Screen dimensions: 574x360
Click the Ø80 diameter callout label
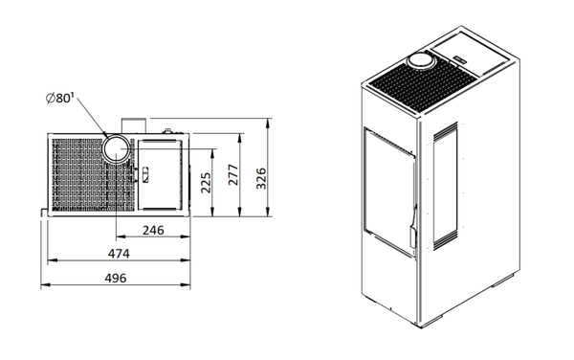[x=59, y=99]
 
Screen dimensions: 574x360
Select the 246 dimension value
[x=153, y=231]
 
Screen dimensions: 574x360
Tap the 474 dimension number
[x=119, y=254]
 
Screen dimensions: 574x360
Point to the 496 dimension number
[x=116, y=278]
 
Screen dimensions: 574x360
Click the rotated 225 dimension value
[x=206, y=183]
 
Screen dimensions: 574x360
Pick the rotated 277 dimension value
[x=233, y=174]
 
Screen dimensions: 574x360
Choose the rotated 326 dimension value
[x=261, y=178]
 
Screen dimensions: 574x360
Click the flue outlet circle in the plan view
[x=116, y=148]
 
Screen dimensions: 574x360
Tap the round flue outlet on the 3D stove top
[x=421, y=60]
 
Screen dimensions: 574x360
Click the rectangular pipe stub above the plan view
[x=134, y=125]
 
